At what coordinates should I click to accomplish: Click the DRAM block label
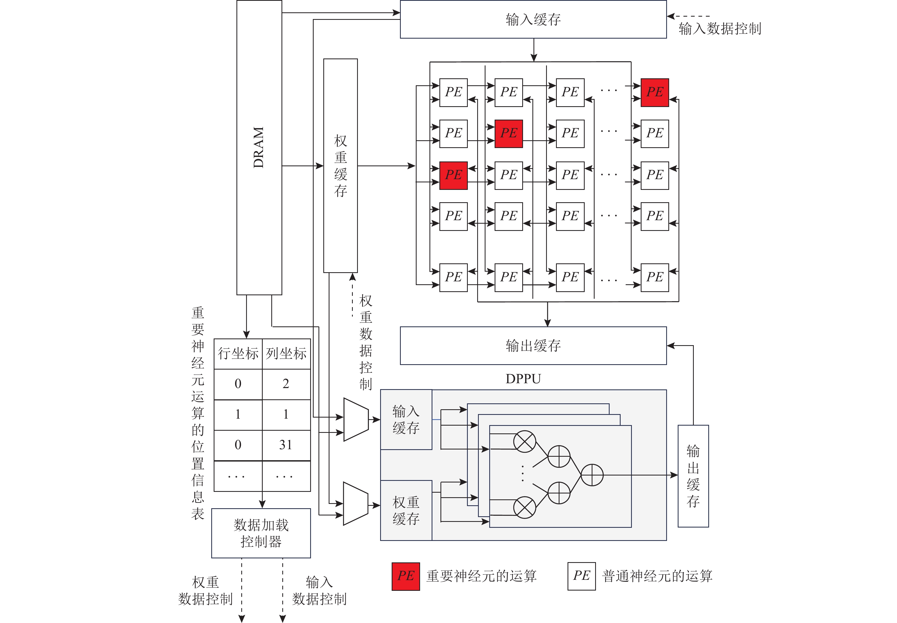point(259,147)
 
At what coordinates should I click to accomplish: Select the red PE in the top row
point(654,93)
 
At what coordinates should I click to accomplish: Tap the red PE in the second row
point(508,134)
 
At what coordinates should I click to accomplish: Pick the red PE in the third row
point(453,175)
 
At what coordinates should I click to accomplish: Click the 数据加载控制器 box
point(261,533)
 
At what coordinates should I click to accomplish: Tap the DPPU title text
point(523,379)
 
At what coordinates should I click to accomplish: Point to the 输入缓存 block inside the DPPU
point(406,420)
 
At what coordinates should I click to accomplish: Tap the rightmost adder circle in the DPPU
point(592,475)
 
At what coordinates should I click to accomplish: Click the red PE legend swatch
point(406,576)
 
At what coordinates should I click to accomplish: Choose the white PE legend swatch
point(581,576)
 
